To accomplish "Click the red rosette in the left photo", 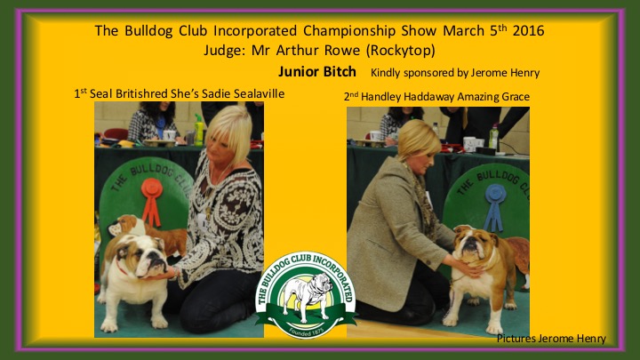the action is (152, 201).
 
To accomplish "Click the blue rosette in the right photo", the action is (495, 207).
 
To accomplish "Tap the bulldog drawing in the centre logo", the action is (306, 295).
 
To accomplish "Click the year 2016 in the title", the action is (529, 30).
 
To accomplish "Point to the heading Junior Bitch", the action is (317, 72).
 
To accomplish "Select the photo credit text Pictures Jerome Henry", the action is (551, 339).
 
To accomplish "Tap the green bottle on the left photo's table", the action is (198, 130).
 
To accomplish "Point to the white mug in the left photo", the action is (169, 135).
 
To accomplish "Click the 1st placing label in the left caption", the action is (80, 93).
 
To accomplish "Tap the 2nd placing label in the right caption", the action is (351, 97).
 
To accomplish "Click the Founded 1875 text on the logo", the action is (306, 331).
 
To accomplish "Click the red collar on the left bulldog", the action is (122, 268).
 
